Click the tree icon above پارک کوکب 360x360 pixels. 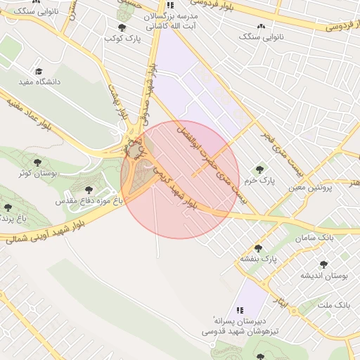(122, 27)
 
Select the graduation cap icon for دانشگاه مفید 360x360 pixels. (39, 72)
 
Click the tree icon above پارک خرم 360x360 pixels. (260, 169)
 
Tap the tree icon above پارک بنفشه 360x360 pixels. (259, 247)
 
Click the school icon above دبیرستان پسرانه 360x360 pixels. (240, 309)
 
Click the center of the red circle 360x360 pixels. (180, 180)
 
